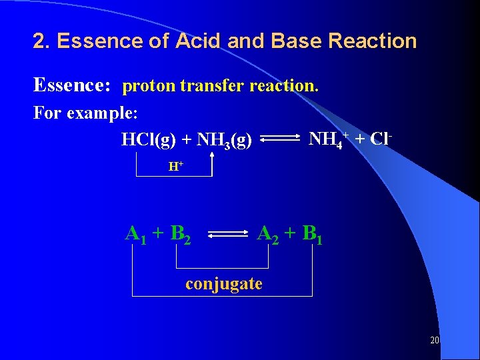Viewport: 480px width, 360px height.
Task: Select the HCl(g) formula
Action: [149, 140]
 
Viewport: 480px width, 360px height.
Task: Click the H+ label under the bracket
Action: [175, 167]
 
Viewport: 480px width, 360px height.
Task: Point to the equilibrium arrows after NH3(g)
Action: [279, 139]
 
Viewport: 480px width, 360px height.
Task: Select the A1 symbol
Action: [136, 235]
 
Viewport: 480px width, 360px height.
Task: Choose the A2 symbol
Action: [268, 235]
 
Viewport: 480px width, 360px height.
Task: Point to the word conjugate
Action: [224, 284]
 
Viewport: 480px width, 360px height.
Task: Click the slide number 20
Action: [435, 340]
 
